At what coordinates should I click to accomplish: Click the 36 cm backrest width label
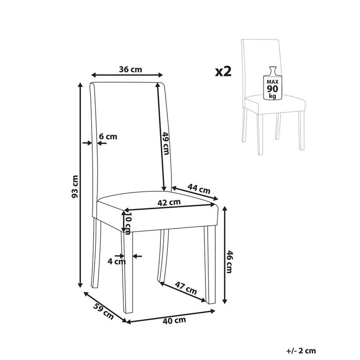coord(130,69)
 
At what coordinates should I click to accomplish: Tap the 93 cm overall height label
coord(75,186)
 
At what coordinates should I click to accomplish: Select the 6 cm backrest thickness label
coord(108,137)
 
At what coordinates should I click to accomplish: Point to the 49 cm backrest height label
coord(166,143)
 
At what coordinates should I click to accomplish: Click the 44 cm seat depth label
coord(199,189)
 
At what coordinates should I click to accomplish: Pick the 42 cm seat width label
coord(169,203)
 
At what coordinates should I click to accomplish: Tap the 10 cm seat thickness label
coord(128,223)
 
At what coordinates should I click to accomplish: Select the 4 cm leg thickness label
coord(117,261)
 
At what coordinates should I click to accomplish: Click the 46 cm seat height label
coord(230,262)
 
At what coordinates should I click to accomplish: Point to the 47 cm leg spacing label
coord(186,288)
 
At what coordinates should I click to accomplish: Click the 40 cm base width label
coord(174,320)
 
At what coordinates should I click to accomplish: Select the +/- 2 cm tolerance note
coord(301,351)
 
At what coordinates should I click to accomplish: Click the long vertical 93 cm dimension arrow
coord(80,185)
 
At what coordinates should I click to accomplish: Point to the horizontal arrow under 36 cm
coord(127,75)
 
